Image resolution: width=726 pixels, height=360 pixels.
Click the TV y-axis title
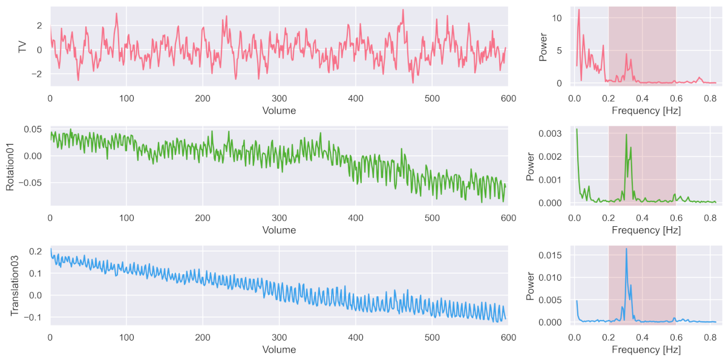[23, 47]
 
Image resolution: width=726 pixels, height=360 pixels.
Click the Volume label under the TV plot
[279, 111]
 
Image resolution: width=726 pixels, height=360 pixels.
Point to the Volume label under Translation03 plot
[279, 350]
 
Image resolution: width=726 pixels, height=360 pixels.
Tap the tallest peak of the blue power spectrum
[626, 249]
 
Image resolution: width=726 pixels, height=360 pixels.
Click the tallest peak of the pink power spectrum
[578, 10]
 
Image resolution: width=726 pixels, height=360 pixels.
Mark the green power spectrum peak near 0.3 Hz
[626, 134]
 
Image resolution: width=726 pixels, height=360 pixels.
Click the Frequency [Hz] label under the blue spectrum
[646, 350]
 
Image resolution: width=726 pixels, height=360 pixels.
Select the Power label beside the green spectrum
[531, 166]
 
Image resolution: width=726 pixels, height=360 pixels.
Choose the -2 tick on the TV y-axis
[39, 74]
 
